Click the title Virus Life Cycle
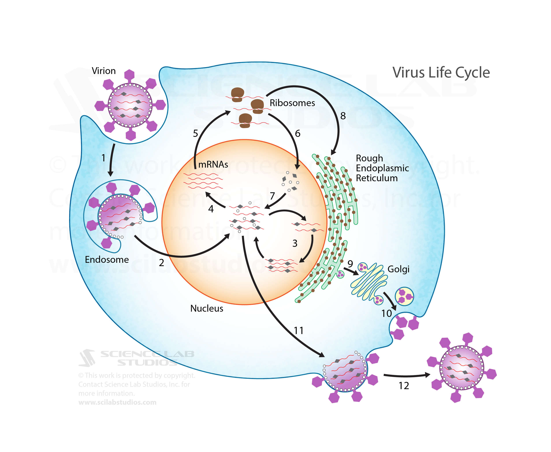tap(441, 72)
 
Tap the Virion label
tap(104, 71)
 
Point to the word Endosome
tap(107, 260)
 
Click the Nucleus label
tap(207, 308)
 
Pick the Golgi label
tap(398, 269)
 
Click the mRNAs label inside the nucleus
tap(213, 164)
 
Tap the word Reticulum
tap(376, 178)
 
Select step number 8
tap(343, 116)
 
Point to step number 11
tap(299, 331)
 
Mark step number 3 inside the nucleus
tap(295, 243)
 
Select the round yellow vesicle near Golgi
tap(404, 296)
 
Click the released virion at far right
tap(462, 367)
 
